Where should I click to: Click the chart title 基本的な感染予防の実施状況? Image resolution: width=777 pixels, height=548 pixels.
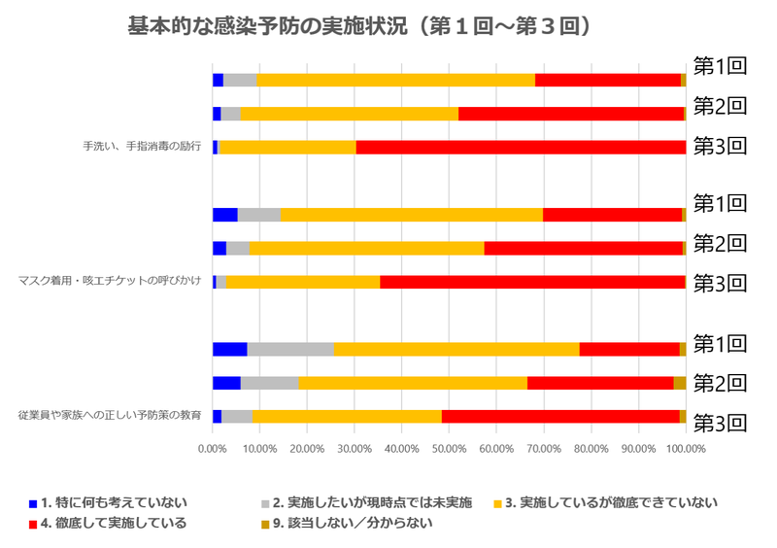359,26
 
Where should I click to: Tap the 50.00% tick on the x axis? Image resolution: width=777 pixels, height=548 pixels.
450,449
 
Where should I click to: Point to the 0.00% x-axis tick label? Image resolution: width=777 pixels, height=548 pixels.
212,449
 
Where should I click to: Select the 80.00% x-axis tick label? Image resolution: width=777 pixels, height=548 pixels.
591,449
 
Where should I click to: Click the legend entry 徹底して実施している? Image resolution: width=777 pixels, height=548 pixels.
107,524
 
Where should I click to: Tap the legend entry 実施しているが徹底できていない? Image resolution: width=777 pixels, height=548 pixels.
612,503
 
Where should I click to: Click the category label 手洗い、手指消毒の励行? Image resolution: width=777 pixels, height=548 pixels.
142,147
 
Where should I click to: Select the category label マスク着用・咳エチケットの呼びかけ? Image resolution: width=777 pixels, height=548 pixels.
110,282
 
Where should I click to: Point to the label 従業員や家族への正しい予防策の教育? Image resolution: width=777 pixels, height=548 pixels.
110,416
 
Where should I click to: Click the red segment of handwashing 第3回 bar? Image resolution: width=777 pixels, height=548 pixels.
521,147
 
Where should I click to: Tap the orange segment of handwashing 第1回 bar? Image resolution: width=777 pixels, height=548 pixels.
395,80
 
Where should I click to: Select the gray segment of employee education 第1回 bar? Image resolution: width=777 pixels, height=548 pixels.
290,349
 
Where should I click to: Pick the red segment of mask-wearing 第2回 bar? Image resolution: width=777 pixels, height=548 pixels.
583,248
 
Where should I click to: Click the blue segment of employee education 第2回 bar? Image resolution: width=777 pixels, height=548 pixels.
226,383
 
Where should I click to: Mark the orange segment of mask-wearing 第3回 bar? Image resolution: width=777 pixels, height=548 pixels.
303,282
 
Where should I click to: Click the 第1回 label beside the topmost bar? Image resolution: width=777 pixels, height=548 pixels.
719,66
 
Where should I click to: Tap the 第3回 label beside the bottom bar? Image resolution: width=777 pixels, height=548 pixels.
719,423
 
